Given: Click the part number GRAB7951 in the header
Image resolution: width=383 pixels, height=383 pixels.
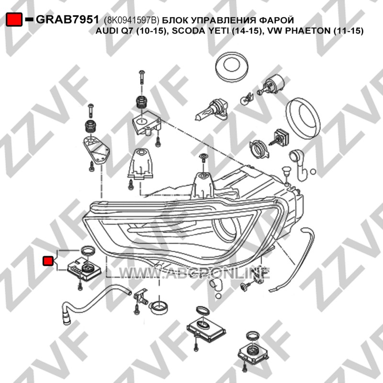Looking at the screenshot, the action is pyautogui.click(x=68, y=20).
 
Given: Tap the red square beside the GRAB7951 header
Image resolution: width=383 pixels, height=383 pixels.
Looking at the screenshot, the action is pyautogui.click(x=14, y=19).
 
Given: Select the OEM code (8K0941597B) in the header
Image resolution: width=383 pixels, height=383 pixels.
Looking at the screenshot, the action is pyautogui.click(x=132, y=20).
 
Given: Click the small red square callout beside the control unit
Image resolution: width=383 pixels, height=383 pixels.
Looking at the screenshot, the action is pyautogui.click(x=48, y=260).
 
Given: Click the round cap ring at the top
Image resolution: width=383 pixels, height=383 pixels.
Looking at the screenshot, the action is pyautogui.click(x=232, y=66).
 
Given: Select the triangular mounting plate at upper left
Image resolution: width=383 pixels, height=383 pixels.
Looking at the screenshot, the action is pyautogui.click(x=97, y=150).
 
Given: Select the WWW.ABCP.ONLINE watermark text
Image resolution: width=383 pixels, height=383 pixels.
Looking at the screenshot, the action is pyautogui.click(x=194, y=273).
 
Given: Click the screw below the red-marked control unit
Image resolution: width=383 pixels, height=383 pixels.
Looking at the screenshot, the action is pyautogui.click(x=80, y=285).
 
